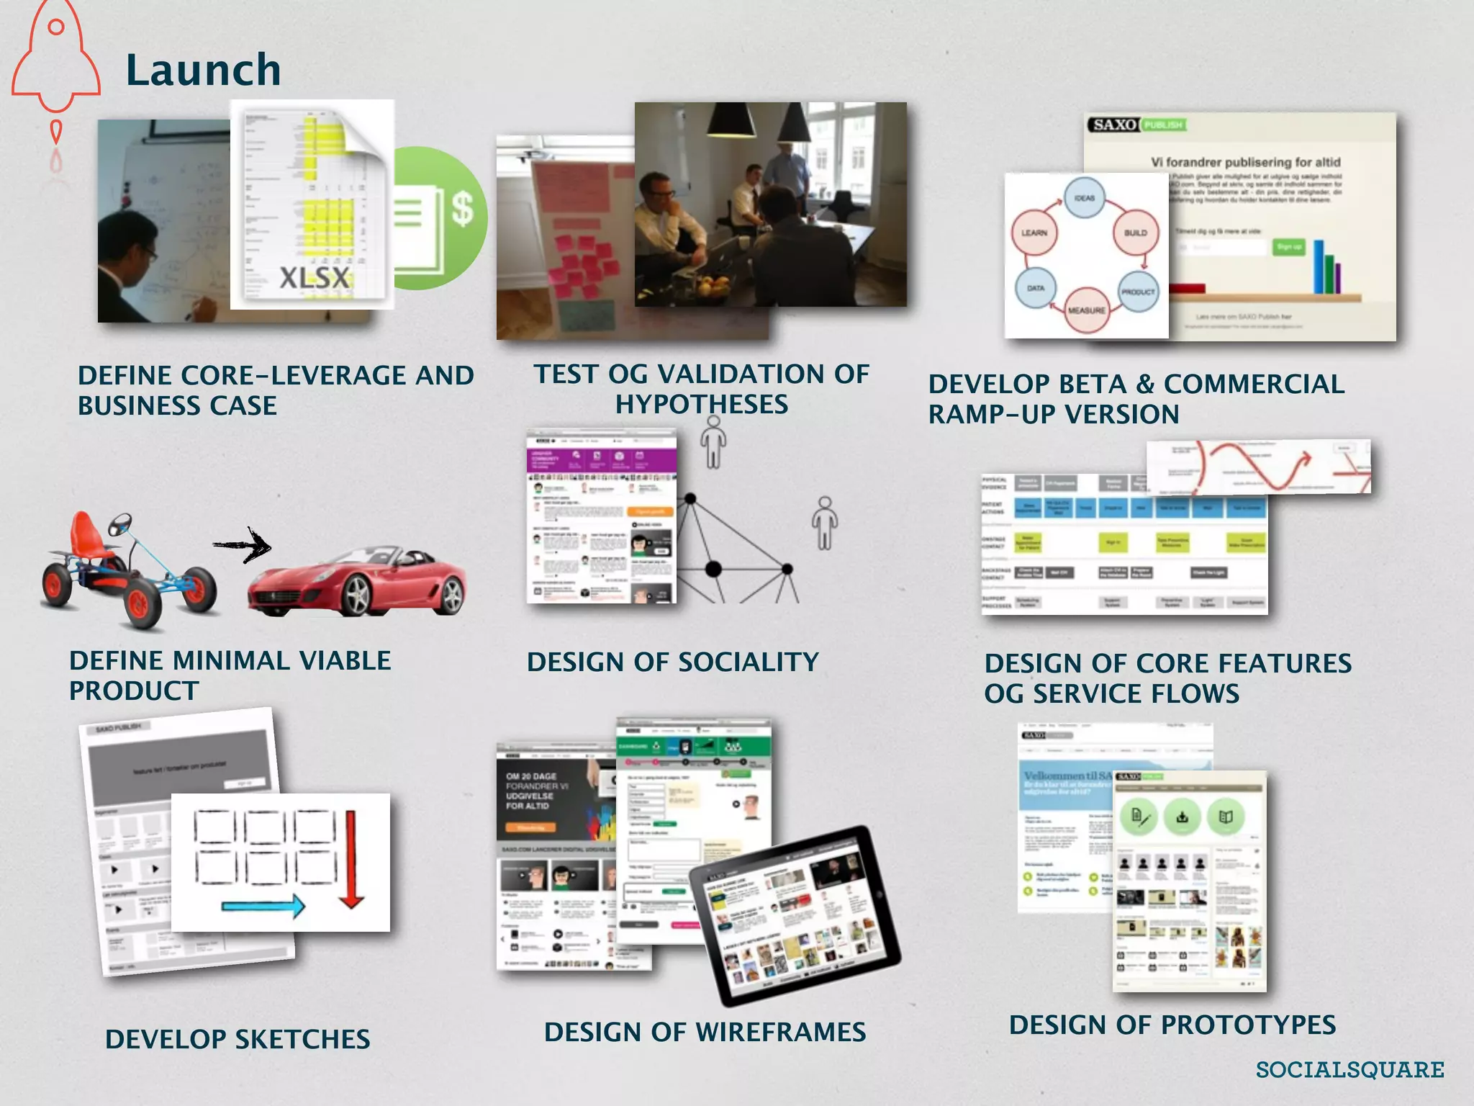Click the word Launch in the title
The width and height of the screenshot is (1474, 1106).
click(203, 71)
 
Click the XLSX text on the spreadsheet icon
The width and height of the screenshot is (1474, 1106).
click(315, 278)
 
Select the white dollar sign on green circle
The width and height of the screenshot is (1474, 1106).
click(462, 210)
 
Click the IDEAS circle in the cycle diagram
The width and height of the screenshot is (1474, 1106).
click(1084, 197)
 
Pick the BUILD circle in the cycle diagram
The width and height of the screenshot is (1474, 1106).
click(1135, 233)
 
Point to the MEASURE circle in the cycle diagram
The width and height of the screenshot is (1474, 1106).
click(1085, 310)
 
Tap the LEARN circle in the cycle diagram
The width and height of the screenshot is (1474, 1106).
click(1034, 233)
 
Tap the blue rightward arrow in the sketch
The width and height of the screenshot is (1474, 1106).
click(263, 906)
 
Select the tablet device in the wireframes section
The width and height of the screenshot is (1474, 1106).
click(795, 916)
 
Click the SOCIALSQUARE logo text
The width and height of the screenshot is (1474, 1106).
click(1349, 1070)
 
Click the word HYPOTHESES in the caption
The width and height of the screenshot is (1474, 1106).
click(701, 405)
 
